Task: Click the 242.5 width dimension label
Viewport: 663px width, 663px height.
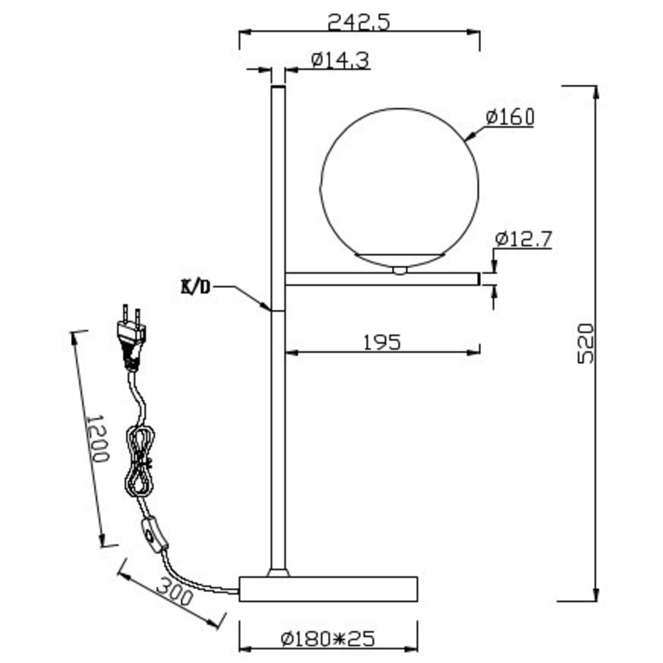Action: pos(359,23)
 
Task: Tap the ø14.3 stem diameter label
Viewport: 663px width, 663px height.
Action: pos(340,60)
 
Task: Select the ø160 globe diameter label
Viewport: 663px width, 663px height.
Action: pos(510,117)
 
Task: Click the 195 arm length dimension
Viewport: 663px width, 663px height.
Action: pos(382,343)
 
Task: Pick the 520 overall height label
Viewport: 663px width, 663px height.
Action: pos(586,343)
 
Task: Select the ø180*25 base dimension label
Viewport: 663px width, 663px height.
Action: pos(327,639)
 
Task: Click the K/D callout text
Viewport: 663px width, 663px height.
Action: pos(196,288)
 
